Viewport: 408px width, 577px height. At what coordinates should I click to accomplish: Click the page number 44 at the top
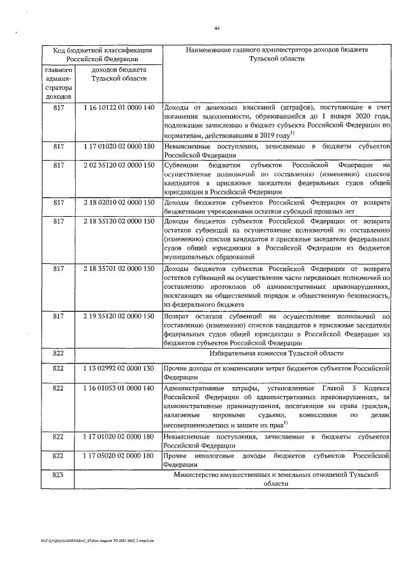(217, 28)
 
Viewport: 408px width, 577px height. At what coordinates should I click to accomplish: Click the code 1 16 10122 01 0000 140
(119, 107)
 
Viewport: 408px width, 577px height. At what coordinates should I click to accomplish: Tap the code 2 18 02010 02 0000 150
(119, 203)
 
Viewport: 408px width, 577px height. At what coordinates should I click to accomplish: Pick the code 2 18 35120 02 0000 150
(119, 222)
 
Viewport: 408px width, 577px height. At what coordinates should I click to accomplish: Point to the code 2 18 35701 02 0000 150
(119, 268)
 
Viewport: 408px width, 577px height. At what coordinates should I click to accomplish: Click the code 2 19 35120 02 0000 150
(119, 316)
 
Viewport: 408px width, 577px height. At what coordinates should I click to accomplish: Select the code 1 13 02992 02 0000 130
(119, 369)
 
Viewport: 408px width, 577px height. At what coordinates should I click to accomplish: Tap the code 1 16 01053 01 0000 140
(119, 388)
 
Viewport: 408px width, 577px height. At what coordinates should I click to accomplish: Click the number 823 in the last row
(59, 475)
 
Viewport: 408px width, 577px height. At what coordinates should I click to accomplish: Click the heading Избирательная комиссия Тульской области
(276, 353)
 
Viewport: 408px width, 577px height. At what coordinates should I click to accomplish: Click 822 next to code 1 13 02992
(59, 369)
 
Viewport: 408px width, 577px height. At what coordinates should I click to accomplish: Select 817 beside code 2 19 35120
(59, 316)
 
